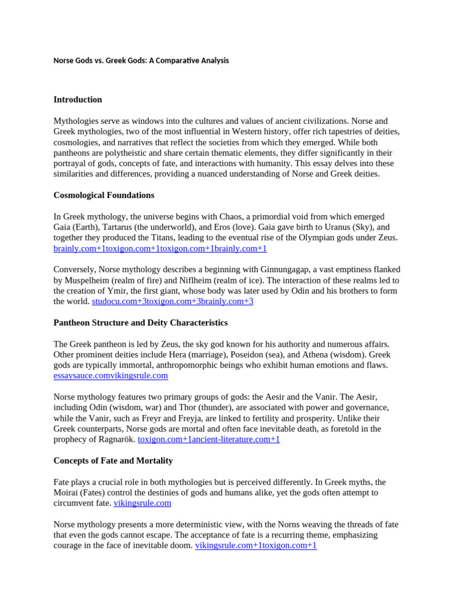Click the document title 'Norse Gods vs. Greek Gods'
coord(141,60)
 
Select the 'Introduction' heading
coord(78,100)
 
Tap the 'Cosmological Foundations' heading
coord(104,195)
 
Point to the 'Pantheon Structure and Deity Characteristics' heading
coord(140,323)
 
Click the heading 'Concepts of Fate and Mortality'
coord(113,461)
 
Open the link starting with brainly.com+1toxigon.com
coord(160,249)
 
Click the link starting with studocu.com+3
coord(172,302)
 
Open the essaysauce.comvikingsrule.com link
coord(111,376)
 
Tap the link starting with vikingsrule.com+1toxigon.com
coord(256,546)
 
